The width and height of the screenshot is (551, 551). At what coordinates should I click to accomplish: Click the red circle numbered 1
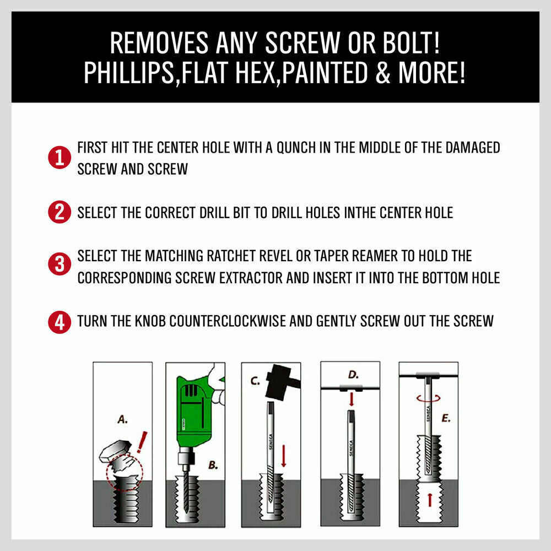(59, 158)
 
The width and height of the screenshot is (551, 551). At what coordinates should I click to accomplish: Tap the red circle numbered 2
(59, 213)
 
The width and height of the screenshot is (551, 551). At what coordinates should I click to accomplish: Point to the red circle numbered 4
(59, 322)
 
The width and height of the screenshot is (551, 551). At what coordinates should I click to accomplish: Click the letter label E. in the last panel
(446, 419)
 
